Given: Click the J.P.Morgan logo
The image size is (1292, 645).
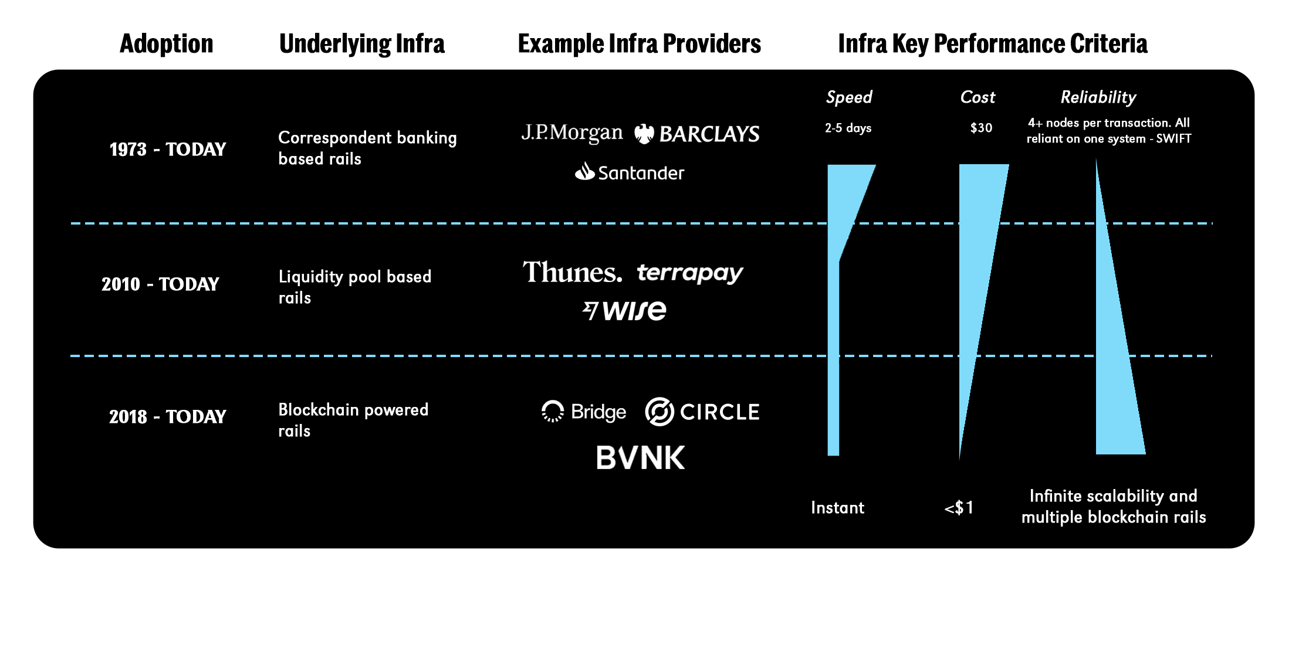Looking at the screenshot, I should (571, 133).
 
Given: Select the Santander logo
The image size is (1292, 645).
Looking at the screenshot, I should (630, 172).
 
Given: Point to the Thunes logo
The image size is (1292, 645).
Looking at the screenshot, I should (572, 273).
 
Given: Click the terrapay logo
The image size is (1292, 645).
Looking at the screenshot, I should (689, 273).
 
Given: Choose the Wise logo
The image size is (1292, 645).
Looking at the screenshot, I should (624, 310).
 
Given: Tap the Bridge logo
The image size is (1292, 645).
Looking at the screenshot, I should (584, 412).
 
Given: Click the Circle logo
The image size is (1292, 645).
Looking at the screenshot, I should (702, 412).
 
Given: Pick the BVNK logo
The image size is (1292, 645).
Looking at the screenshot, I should (640, 458).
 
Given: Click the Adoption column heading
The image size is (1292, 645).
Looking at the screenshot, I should (166, 44).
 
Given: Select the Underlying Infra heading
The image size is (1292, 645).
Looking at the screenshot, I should (362, 44).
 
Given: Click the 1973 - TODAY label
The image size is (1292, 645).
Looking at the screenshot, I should (168, 150).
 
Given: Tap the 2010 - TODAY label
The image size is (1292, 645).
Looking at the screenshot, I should (160, 284).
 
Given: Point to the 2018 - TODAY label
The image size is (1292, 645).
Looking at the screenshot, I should (168, 417).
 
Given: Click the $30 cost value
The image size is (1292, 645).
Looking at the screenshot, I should (981, 128).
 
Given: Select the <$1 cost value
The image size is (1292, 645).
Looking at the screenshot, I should (959, 508).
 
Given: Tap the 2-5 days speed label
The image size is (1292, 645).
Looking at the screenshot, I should (848, 128).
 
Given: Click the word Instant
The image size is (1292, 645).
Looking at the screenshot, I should (837, 508).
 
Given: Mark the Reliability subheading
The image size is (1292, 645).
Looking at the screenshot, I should (1098, 97).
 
